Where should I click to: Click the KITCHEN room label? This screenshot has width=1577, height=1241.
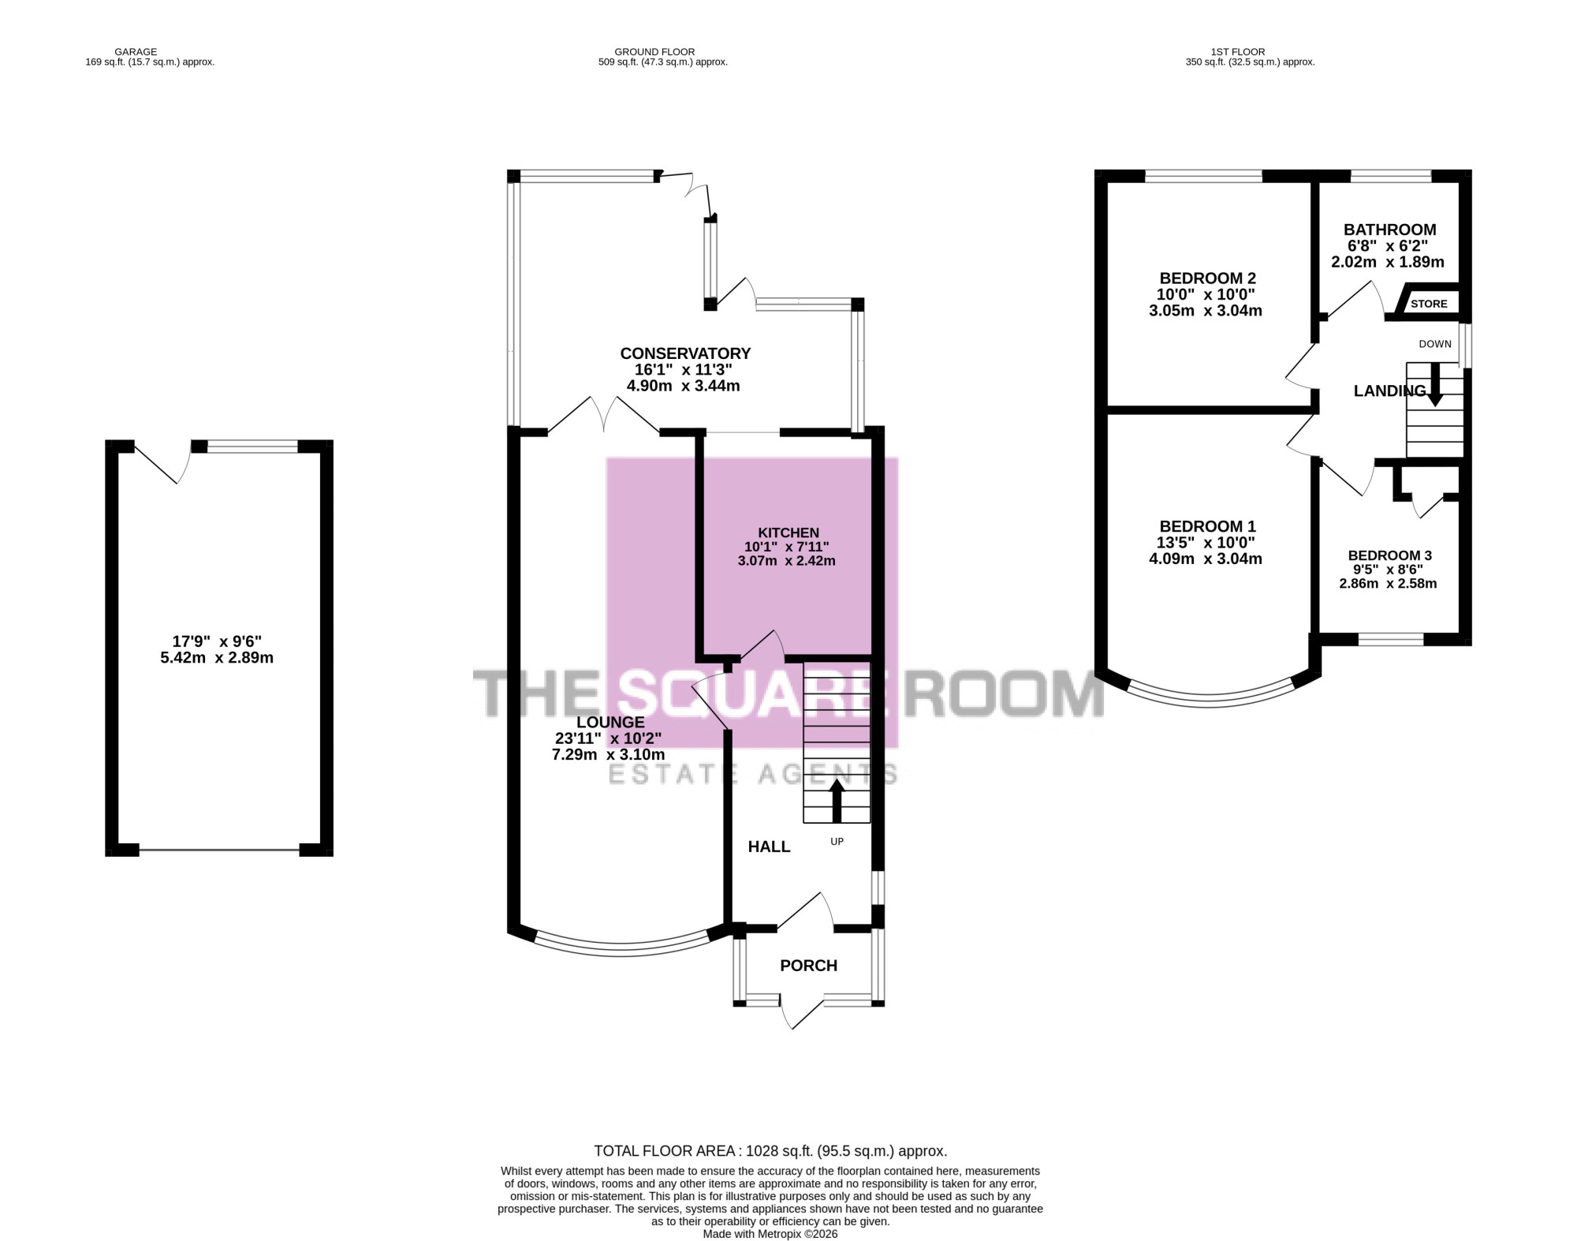click(788, 533)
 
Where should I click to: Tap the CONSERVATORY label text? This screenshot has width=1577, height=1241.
click(685, 353)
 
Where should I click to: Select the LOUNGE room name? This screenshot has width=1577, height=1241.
click(610, 722)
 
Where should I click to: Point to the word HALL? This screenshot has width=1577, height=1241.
click(769, 847)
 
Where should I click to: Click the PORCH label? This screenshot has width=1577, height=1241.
click(808, 966)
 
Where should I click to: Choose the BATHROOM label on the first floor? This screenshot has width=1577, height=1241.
click(1390, 230)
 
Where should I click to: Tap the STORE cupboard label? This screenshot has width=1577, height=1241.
click(1429, 304)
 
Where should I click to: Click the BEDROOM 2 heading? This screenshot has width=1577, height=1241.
click(1207, 278)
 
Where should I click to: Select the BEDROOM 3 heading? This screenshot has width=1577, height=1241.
click(1389, 555)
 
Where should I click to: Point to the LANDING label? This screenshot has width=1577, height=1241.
click(1389, 391)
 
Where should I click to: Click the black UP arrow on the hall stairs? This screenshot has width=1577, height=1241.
click(837, 802)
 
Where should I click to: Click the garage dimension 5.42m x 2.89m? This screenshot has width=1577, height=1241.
click(217, 657)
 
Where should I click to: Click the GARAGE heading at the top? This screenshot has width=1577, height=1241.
click(136, 52)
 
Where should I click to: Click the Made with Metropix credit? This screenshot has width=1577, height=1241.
click(770, 1234)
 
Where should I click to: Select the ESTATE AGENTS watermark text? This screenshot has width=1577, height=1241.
click(753, 775)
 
